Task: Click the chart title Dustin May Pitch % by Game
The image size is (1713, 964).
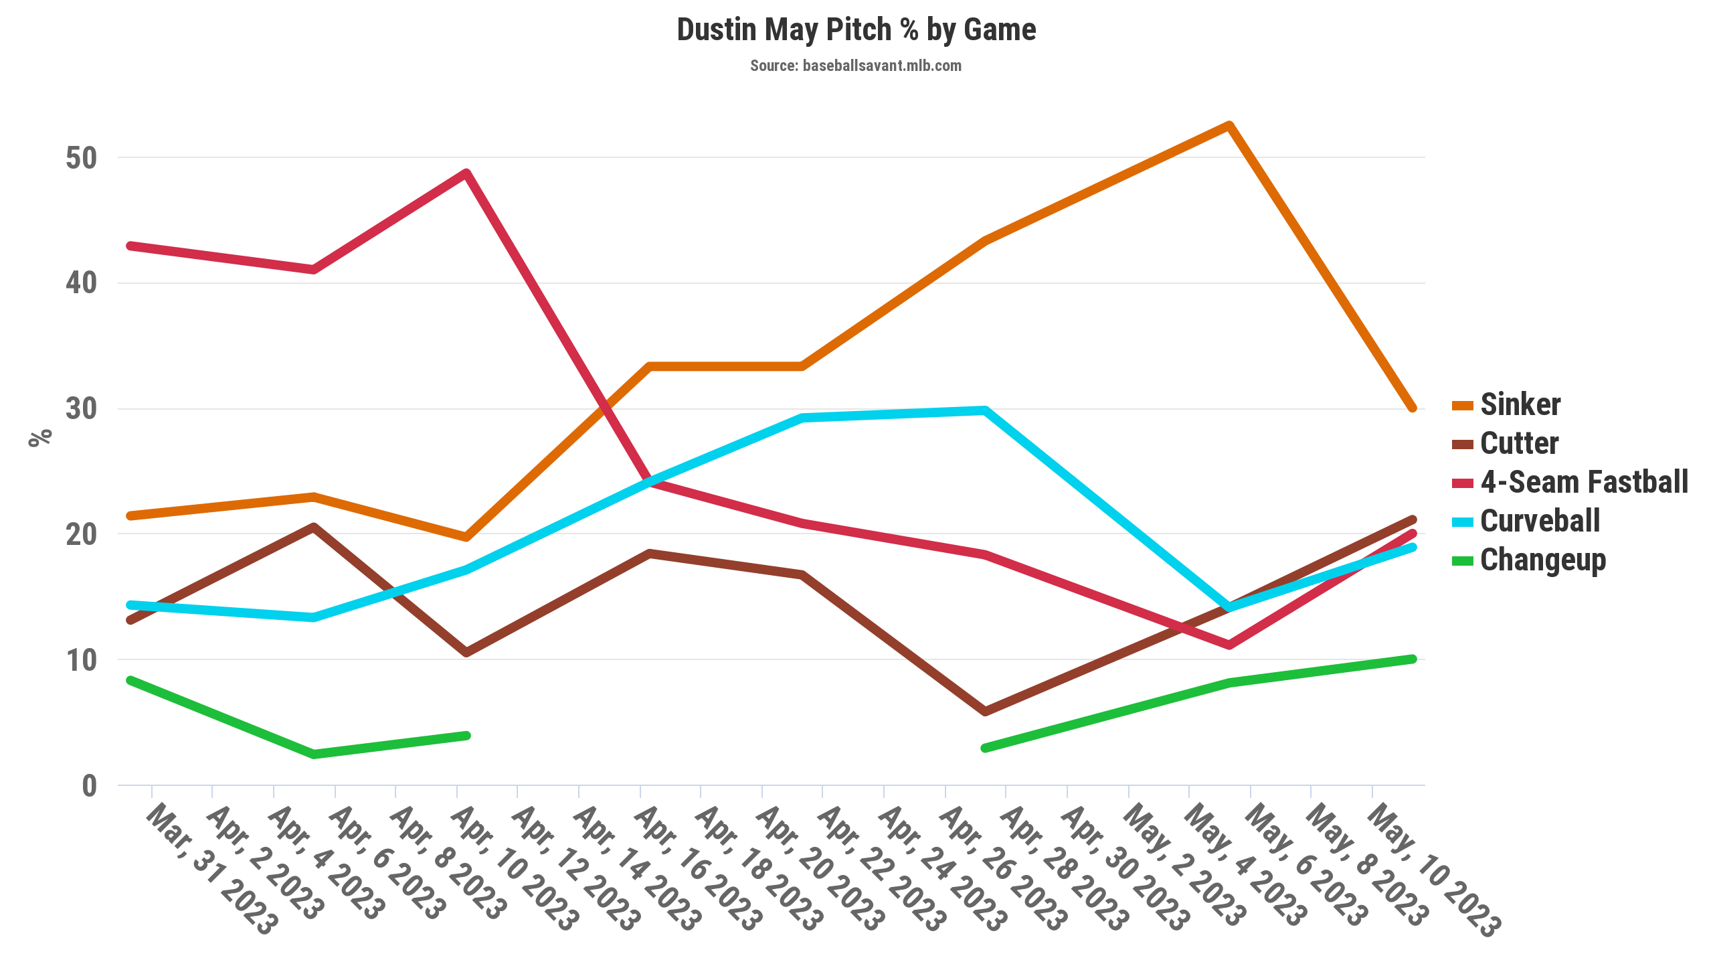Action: [x=856, y=30]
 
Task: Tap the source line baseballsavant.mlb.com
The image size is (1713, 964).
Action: [x=856, y=66]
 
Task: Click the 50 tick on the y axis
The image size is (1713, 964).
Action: [x=82, y=158]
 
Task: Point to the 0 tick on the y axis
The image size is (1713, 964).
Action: [x=89, y=786]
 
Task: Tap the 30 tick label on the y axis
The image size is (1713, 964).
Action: [x=82, y=409]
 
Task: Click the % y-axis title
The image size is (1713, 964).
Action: [x=40, y=438]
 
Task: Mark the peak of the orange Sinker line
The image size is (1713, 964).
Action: [x=1229, y=125]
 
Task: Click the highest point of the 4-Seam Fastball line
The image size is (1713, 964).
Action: [x=466, y=173]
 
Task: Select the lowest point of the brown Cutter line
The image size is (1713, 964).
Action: [x=985, y=712]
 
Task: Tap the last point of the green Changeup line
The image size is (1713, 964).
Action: [x=1413, y=659]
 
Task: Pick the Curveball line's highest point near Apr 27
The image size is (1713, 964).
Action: [x=984, y=410]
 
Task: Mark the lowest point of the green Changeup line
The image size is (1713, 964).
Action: [x=314, y=754]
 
